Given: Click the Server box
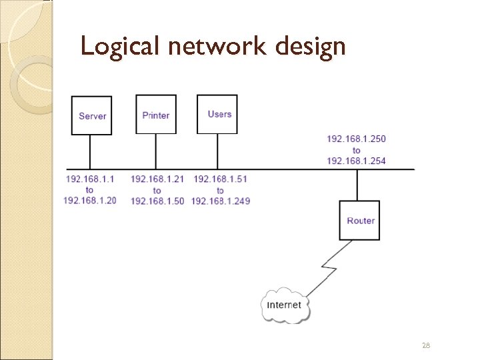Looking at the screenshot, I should click(x=92, y=115).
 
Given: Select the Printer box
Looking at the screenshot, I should click(x=156, y=115).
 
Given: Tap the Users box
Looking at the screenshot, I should click(x=217, y=114).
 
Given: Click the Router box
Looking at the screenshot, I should click(x=361, y=220).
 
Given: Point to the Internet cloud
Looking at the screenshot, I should click(x=285, y=305).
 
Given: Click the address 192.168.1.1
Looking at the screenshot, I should click(x=90, y=179).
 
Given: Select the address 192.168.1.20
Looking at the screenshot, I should click(x=90, y=201).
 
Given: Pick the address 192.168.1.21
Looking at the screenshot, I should click(x=157, y=179).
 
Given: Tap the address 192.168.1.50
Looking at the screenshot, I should click(x=157, y=201).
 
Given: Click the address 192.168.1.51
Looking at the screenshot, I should click(x=220, y=179).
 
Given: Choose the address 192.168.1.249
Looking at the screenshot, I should click(x=220, y=201).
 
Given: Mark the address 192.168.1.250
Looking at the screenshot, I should click(x=356, y=139).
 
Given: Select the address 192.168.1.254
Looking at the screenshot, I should click(x=356, y=161).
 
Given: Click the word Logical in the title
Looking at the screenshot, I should click(x=119, y=47).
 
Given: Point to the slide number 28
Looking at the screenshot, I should click(x=425, y=345).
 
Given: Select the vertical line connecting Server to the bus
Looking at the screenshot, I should click(x=90, y=151).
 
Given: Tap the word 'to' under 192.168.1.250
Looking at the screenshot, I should click(x=356, y=150).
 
